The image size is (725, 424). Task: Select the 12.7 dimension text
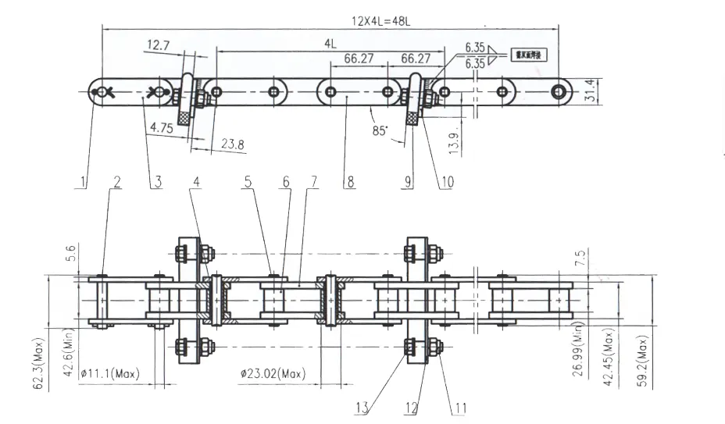point(158,46)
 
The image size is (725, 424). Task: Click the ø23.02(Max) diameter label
point(272,373)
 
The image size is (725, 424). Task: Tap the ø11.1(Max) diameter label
point(109,373)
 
